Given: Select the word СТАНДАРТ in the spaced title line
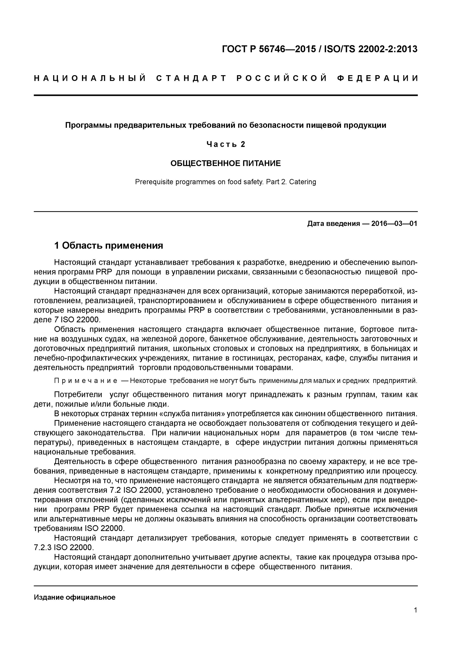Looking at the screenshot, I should pyautogui.click(x=191, y=78).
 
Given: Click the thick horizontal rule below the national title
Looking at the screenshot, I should pyautogui.click(x=225, y=95).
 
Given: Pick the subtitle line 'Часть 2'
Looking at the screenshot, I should pyautogui.click(x=225, y=144).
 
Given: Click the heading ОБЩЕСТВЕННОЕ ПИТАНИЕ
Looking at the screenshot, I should pyautogui.click(x=225, y=163).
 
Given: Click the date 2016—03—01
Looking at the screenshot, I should pyautogui.click(x=394, y=224).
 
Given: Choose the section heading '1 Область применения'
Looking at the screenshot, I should pyautogui.click(x=109, y=246).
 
